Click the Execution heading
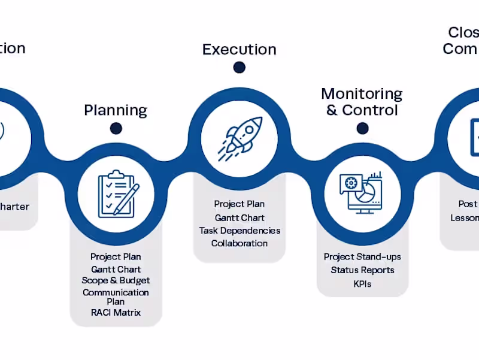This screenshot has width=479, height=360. coord(239,49)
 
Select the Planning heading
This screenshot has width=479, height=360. coord(116,110)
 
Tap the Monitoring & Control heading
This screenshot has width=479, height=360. coord(362,102)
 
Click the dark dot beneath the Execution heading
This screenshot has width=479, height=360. coord(239,68)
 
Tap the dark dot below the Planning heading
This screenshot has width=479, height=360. coord(116,128)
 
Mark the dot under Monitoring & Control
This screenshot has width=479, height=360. coord(362,128)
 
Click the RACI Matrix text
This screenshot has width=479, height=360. coord(116,312)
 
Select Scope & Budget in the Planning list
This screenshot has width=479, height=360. coord(116,280)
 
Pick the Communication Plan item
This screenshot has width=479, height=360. coord(116,297)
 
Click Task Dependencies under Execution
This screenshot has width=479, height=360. coord(239,231)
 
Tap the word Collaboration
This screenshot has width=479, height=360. coord(239,243)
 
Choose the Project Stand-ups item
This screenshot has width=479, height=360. coord(362,257)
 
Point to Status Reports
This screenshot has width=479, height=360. coord(362,270)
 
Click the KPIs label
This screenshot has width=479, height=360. coord(362,283)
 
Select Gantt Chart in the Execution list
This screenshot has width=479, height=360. coord(239,217)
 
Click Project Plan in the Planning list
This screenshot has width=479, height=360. coord(116,257)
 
